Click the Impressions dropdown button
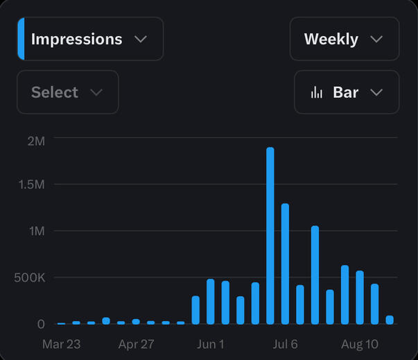pyautogui.click(x=90, y=39)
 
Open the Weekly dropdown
pyautogui.click(x=344, y=39)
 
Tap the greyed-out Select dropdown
pyautogui.click(x=67, y=92)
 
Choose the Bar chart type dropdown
pyautogui.click(x=347, y=92)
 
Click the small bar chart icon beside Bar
pyautogui.click(x=317, y=92)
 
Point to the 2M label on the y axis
pyautogui.click(x=36, y=141)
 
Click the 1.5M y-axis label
pyautogui.click(x=31, y=185)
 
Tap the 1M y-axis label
pyautogui.click(x=36, y=230)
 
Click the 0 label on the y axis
pyautogui.click(x=41, y=324)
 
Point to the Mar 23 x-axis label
pyautogui.click(x=61, y=344)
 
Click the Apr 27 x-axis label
pyautogui.click(x=136, y=344)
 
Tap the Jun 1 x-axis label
pyautogui.click(x=211, y=344)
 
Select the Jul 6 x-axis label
pyautogui.click(x=285, y=344)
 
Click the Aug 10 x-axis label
pyautogui.click(x=360, y=344)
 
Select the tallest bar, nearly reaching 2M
pyautogui.click(x=270, y=236)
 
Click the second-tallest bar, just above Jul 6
pyautogui.click(x=285, y=264)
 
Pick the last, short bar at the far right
pyautogui.click(x=390, y=320)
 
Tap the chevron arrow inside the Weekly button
pyautogui.click(x=376, y=39)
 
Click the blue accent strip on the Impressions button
pyautogui.click(x=21, y=39)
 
